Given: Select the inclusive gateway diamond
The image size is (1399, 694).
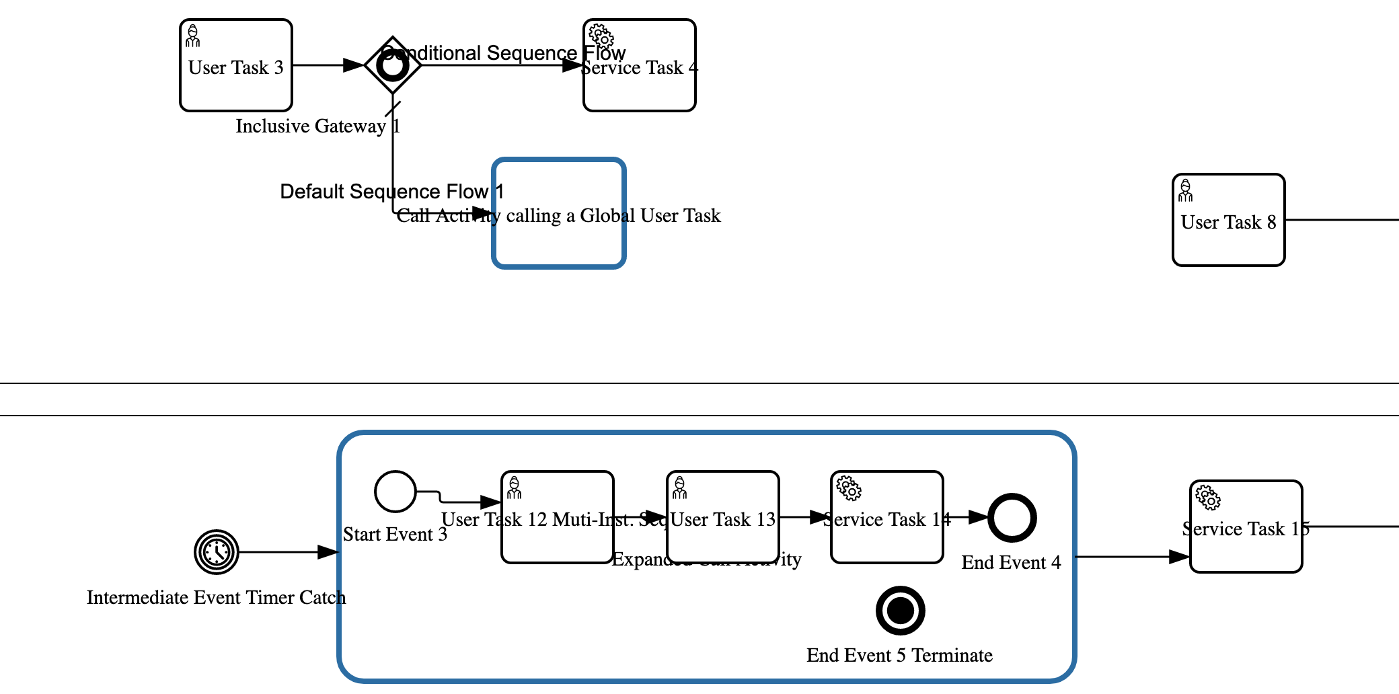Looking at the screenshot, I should [x=393, y=65].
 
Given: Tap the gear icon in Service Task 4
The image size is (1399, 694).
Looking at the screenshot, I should [x=601, y=36].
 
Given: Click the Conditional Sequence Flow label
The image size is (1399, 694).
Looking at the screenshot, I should [x=503, y=52].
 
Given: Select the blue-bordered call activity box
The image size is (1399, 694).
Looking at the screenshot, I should [x=559, y=242].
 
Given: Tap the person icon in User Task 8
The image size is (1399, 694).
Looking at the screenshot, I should [x=1186, y=191].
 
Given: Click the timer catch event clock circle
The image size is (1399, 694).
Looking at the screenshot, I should [x=217, y=552].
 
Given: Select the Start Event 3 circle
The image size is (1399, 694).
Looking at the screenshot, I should [x=395, y=492].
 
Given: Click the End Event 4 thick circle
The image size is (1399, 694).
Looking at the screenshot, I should [x=1012, y=518].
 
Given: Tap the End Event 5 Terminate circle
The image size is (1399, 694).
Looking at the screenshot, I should [x=900, y=611].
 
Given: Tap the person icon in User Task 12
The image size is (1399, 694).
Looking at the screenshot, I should [x=515, y=488].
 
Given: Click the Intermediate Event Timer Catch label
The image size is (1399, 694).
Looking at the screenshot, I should [x=216, y=598].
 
